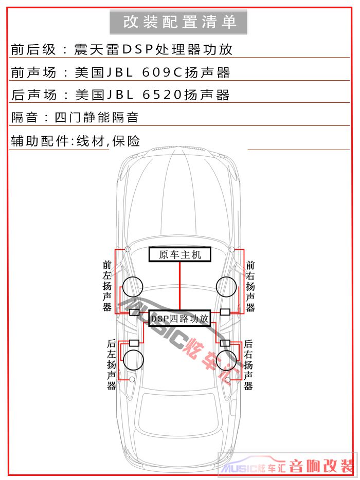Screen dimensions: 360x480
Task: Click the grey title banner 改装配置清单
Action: (x=178, y=22)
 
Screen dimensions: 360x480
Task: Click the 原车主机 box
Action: (x=180, y=254)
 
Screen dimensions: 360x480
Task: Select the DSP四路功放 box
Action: (x=180, y=318)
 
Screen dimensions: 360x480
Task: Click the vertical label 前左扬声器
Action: (x=107, y=286)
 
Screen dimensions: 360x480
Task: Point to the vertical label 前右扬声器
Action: (x=250, y=286)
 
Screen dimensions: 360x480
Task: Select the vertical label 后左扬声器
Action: (x=111, y=364)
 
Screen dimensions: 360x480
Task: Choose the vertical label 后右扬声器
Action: (x=248, y=364)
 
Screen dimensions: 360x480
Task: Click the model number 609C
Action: (x=162, y=72)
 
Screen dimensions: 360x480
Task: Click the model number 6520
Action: (x=162, y=95)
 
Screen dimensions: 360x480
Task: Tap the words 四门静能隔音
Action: (x=97, y=118)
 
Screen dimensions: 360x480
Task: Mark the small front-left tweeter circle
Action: (x=128, y=249)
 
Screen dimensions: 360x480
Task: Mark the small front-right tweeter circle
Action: (x=232, y=249)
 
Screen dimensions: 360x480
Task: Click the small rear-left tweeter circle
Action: (x=132, y=380)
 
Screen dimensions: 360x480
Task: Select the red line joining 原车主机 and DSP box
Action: (x=180, y=286)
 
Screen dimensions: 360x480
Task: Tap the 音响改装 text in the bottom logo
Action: (x=321, y=467)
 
